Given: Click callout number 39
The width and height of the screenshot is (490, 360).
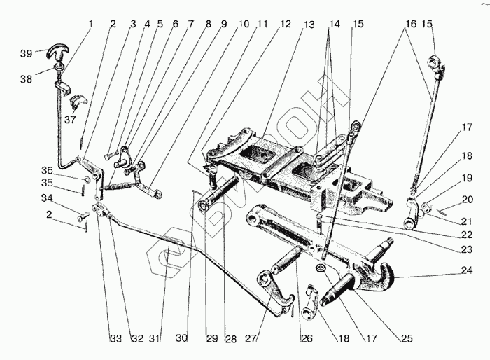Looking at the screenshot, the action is tap(27, 53).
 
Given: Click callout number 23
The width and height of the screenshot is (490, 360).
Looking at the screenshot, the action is tap(465, 249).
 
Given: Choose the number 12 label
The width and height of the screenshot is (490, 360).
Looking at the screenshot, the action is tap(286, 24).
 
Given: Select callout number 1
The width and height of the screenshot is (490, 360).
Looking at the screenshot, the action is tap(90, 24).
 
